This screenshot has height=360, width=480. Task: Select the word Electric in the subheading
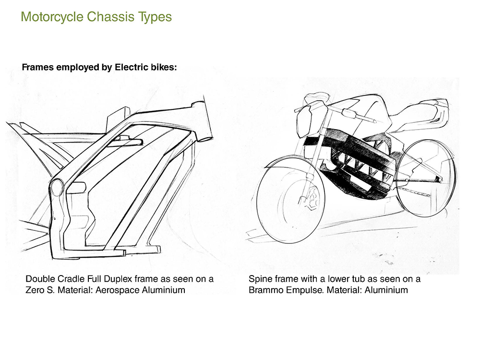pyautogui.click(x=131, y=67)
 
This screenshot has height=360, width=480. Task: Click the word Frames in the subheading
pyautogui.click(x=37, y=67)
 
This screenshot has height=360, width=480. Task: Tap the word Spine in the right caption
pyautogui.click(x=260, y=279)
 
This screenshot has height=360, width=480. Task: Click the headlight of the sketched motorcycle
pyautogui.click(x=304, y=122)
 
